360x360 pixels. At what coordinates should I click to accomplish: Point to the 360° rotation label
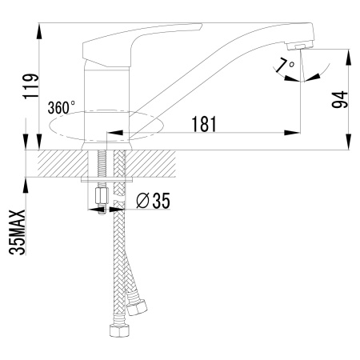pyautogui.click(x=62, y=106)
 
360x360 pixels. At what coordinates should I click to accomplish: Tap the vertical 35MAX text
pyautogui.click(x=18, y=232)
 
